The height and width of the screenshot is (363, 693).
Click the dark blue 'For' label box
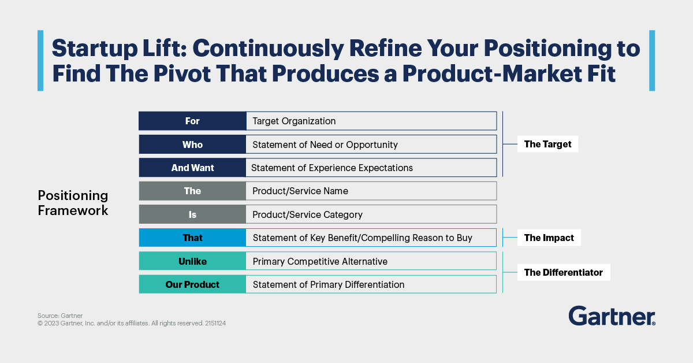192,121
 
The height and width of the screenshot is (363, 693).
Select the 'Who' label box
192,145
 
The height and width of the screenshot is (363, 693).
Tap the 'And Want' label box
192,168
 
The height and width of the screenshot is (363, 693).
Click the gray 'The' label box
192,191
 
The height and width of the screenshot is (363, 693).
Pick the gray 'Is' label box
192,214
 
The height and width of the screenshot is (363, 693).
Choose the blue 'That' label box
192,238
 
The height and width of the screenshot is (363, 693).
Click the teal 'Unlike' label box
192,261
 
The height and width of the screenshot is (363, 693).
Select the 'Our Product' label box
192,284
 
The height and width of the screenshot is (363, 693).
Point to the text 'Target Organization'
294,121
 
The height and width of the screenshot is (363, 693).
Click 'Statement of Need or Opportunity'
325,145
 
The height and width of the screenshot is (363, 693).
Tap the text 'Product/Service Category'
307,214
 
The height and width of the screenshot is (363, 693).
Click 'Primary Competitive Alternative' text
320,261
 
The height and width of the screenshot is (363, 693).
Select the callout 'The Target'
547,144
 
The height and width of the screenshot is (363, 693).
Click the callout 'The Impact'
549,238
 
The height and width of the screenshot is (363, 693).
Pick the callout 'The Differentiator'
564,272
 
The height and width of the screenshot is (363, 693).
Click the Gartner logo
612,316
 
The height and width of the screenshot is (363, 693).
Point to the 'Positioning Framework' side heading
73,203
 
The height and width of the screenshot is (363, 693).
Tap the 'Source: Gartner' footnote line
60,316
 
